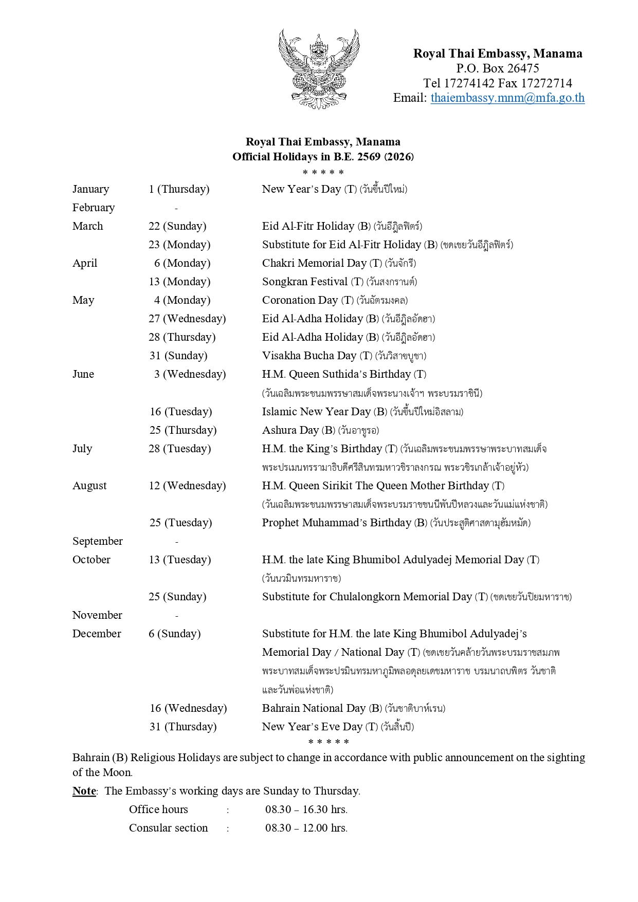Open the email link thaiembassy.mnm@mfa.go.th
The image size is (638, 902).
tap(507, 98)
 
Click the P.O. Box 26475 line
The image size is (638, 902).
tap(497, 68)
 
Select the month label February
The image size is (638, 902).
tap(94, 208)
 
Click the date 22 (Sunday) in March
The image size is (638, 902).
tap(177, 226)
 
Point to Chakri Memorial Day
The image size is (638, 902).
tap(314, 263)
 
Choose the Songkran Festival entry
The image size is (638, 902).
tap(305, 282)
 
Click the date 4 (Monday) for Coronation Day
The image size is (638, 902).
tap(182, 300)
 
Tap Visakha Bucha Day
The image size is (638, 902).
tap(309, 356)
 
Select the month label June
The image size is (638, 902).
tap(83, 374)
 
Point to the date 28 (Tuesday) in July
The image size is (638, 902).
tap(179, 449)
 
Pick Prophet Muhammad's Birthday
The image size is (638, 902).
tap(337, 523)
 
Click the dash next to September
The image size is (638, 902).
tap(176, 542)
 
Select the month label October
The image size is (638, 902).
tap(92, 560)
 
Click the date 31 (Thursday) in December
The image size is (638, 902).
tap(183, 727)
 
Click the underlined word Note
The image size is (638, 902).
tap(84, 791)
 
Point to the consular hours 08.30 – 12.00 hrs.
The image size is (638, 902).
tap(306, 828)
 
